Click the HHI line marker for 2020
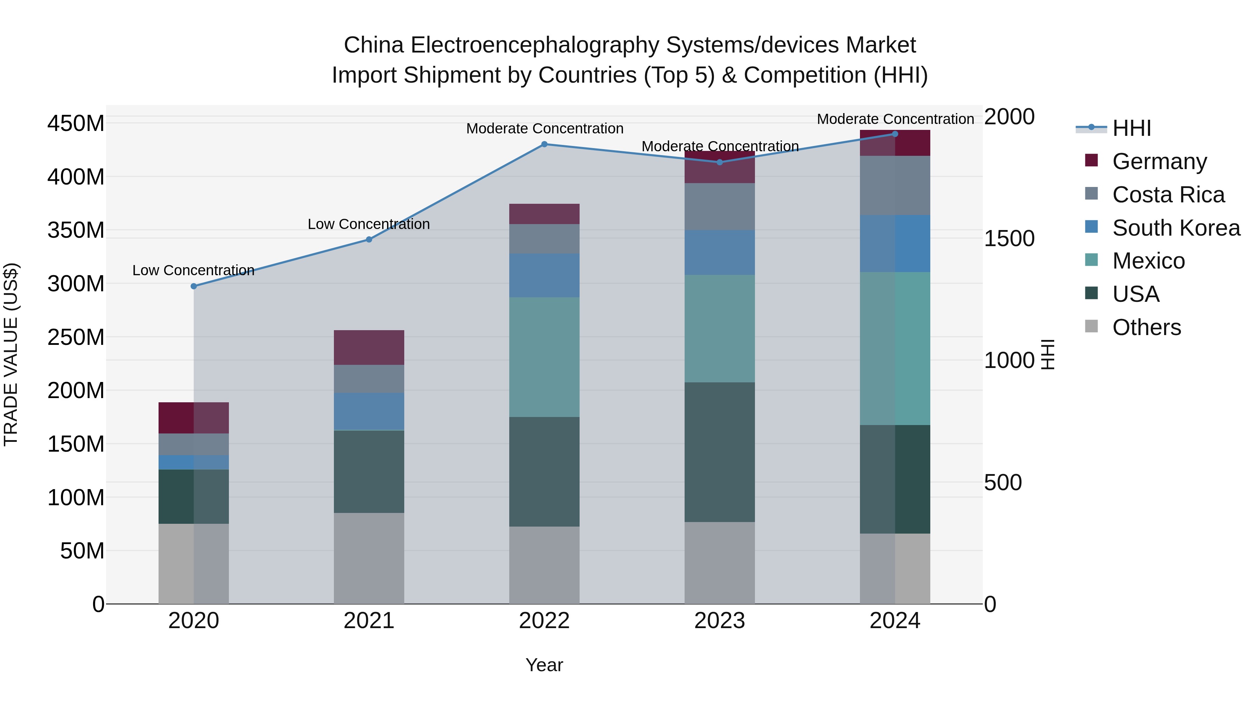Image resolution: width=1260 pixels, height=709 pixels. [x=194, y=286]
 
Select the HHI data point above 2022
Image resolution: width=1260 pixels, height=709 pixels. [x=544, y=144]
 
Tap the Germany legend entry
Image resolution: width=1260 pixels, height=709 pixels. [x=1159, y=161]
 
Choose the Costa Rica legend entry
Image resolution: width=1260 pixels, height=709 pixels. [x=1168, y=195]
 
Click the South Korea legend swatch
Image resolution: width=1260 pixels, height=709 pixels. [x=1091, y=227]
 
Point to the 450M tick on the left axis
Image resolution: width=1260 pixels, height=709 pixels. [x=76, y=123]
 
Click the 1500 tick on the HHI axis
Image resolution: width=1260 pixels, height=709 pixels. [x=1009, y=239]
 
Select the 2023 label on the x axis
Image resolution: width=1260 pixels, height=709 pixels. [x=720, y=621]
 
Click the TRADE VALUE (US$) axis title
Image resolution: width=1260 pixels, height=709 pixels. [x=11, y=354]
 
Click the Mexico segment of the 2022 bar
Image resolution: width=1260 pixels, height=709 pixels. [x=544, y=357]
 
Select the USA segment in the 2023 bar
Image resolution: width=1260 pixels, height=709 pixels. [x=720, y=452]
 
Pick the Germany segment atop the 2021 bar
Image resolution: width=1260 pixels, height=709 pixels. [x=369, y=347]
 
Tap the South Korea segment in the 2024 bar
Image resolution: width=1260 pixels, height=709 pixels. [x=895, y=244]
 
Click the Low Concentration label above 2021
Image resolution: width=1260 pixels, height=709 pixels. [x=369, y=224]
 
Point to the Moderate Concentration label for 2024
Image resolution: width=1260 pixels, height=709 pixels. [x=895, y=119]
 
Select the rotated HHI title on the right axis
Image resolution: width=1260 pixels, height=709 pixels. [x=1048, y=354]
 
